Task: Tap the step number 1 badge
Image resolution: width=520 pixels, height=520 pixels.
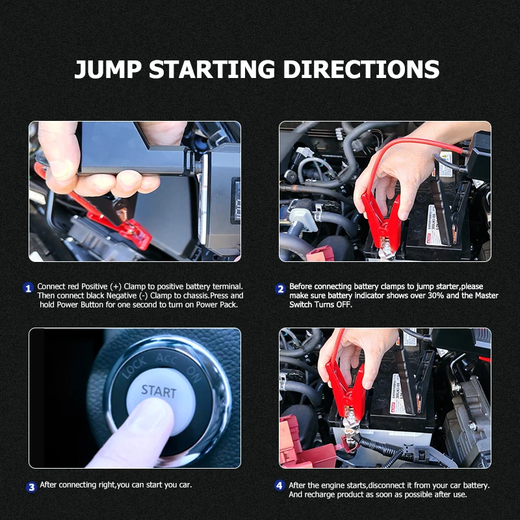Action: point(28,288)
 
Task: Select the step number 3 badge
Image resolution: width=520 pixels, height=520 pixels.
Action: point(31,487)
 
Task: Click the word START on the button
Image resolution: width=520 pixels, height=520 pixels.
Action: point(159,392)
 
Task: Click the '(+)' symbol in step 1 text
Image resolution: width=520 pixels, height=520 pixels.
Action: point(116,287)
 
